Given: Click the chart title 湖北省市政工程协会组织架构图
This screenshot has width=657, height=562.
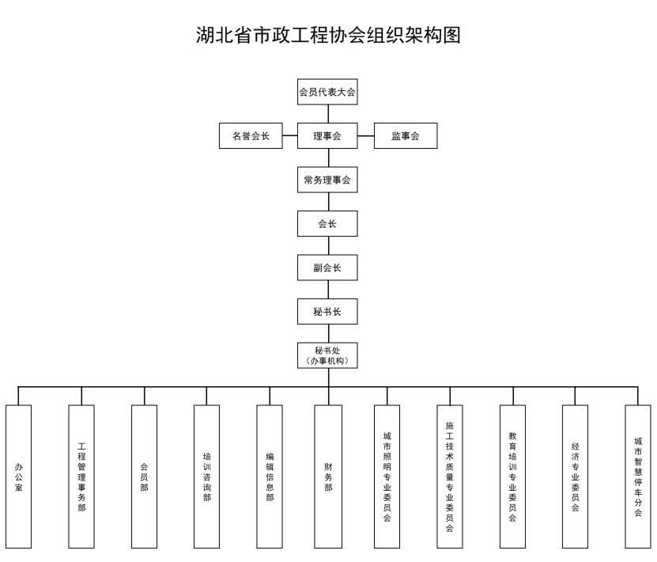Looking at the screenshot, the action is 328,35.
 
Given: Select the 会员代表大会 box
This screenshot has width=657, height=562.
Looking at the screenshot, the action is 327,92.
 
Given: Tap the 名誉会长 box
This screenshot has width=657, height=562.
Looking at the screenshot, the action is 251,136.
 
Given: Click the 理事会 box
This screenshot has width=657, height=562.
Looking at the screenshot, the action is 327,136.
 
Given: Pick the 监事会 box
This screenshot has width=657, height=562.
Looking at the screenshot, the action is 406,136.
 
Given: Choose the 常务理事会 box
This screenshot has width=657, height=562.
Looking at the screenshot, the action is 327,180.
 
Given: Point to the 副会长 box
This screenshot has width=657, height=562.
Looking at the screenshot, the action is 327,268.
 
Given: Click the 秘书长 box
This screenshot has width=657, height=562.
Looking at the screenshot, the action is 327,312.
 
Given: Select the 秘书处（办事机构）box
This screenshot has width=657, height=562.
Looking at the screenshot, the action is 327,355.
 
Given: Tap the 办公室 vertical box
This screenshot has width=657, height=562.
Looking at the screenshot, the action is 18,477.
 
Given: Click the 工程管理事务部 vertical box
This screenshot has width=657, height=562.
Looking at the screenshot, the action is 81,477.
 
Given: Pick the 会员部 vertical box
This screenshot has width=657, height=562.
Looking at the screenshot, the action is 144,477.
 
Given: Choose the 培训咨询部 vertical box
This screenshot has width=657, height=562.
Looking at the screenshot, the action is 206,477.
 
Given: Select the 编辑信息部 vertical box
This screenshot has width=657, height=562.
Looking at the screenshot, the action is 270,477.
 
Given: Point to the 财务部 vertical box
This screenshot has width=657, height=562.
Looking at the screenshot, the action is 328,477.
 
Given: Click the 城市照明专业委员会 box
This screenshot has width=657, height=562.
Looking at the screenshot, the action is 387,477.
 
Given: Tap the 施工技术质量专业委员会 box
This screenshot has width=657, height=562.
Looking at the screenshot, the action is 450,477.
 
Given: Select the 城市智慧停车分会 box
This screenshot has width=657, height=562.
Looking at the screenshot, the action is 638,477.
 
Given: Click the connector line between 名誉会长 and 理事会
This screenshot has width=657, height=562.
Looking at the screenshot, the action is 290,135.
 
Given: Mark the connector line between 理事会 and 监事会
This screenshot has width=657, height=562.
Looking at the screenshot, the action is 366,135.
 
